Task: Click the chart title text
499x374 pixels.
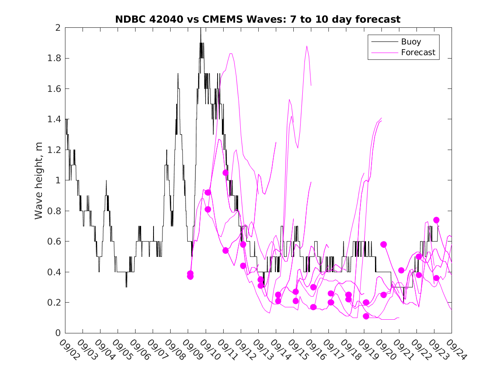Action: tap(258, 19)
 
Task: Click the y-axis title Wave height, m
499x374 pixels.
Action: tap(39, 180)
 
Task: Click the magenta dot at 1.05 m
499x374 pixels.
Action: tap(225, 173)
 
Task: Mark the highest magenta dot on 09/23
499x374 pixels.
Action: tap(436, 220)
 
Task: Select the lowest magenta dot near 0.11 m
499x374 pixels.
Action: tap(366, 316)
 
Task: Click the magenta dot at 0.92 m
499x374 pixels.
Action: tap(208, 192)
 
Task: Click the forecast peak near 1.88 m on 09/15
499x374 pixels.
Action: tap(307, 46)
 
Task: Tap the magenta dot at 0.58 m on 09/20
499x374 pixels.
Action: tap(384, 244)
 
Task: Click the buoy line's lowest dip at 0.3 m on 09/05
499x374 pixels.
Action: tap(126, 286)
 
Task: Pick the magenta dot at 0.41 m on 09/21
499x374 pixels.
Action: tap(401, 270)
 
